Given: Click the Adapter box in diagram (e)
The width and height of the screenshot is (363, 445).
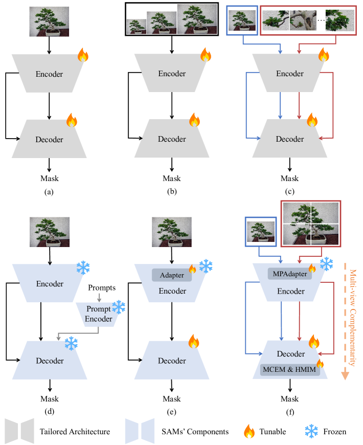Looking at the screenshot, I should [x=171, y=276].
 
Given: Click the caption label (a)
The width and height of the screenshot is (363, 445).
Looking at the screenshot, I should [x=49, y=193].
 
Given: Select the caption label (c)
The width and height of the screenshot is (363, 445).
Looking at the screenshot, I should [x=290, y=193].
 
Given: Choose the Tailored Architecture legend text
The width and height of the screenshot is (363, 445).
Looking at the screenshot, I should [x=75, y=432].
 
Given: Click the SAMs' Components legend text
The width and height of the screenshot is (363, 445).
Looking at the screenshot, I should [x=193, y=432].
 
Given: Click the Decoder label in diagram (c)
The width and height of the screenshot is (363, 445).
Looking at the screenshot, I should [x=290, y=139].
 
